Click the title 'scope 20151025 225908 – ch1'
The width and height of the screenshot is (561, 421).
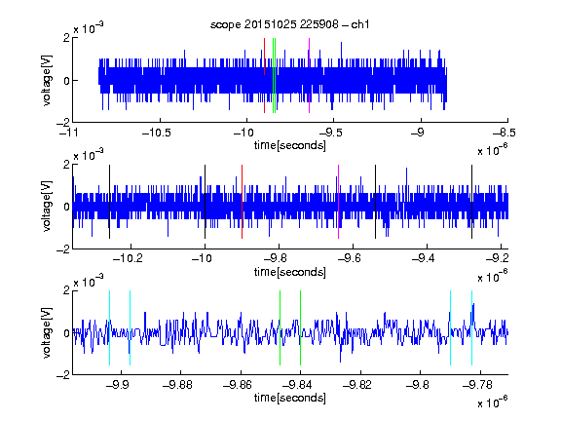coord(290,24)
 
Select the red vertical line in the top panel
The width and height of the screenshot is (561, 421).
coord(264,76)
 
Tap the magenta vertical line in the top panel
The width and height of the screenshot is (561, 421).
coord(309,76)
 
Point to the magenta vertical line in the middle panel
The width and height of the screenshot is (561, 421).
coord(339,202)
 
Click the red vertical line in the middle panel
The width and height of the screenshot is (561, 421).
coord(242,202)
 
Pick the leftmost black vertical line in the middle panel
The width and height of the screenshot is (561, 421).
coord(109,202)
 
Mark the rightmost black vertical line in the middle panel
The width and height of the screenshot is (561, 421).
coord(471,202)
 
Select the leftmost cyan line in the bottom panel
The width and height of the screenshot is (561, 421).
coord(109,327)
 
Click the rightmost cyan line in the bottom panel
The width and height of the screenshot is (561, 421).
coord(471,327)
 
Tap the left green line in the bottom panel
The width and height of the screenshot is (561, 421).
coord(280,327)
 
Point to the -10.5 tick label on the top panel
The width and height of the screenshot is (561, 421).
coord(157,133)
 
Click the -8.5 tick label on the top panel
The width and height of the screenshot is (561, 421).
coord(505,133)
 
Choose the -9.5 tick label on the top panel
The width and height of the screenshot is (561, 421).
coord(330,133)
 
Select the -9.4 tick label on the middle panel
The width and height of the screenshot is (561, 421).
coord(424,258)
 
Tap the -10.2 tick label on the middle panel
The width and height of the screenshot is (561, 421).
coord(128,258)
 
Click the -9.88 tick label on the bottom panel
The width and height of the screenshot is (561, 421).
coord(177,385)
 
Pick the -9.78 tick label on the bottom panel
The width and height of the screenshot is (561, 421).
coord(477,385)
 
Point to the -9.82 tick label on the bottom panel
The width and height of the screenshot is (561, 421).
coord(357,385)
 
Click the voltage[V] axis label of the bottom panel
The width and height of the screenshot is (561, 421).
coord(47,332)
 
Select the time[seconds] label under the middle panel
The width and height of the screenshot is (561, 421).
coord(290,272)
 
